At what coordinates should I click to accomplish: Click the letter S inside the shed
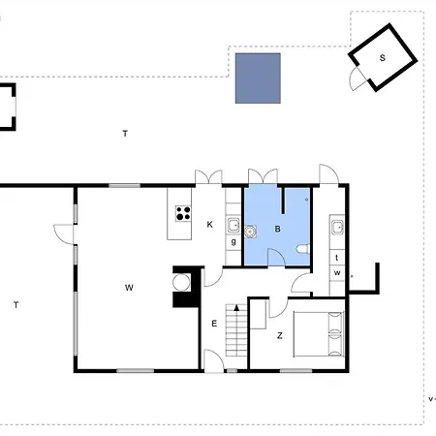pos(383,58)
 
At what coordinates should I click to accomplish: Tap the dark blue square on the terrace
pos(258,78)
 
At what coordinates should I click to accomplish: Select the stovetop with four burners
pos(183,213)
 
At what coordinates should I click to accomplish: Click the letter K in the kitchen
pos(209,224)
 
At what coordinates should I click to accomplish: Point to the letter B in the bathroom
pos(277,229)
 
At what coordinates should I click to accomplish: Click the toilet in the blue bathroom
pos(303,249)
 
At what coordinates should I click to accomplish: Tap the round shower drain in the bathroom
pos(250,232)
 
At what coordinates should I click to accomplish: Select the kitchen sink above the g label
pos(233,226)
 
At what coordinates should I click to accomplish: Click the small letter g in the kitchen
pos(234,241)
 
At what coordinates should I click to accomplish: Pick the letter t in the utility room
pos(337,258)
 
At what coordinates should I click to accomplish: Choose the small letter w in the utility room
pos(337,272)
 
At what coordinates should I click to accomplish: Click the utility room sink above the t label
pos(337,227)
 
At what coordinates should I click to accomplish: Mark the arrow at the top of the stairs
pos(236,307)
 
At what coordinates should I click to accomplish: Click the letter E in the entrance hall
pos(214,324)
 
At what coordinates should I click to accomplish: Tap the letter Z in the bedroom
pos(280,335)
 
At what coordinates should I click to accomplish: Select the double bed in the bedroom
pos(319,334)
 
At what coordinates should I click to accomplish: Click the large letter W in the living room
pos(129,288)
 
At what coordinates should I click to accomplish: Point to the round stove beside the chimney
pos(181,282)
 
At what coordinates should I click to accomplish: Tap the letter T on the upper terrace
pos(125,133)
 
